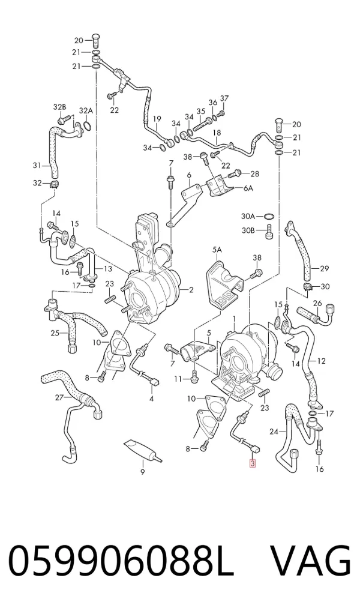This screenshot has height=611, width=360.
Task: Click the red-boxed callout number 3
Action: (253, 463)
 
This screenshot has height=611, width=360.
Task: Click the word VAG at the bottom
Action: (311, 561)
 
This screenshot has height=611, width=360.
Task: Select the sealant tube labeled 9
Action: (143, 451)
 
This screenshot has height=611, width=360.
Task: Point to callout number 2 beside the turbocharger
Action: (191, 289)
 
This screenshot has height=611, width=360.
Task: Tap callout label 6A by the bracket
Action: (248, 188)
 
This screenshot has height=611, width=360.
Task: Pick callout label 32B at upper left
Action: (59, 107)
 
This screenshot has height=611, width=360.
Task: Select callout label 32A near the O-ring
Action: (86, 110)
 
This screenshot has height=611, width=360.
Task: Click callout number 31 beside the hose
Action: (37, 166)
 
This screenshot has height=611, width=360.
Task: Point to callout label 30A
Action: (248, 216)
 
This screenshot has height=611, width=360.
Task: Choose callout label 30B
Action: (248, 230)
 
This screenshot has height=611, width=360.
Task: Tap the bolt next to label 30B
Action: (269, 232)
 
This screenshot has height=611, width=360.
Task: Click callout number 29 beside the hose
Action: (325, 268)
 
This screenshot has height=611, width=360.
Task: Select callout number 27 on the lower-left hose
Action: (59, 398)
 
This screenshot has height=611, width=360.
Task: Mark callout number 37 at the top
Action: (224, 98)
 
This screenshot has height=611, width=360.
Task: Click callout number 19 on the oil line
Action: (157, 118)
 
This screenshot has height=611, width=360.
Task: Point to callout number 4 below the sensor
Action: (151, 399)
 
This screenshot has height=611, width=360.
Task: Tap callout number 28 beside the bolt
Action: (254, 173)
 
